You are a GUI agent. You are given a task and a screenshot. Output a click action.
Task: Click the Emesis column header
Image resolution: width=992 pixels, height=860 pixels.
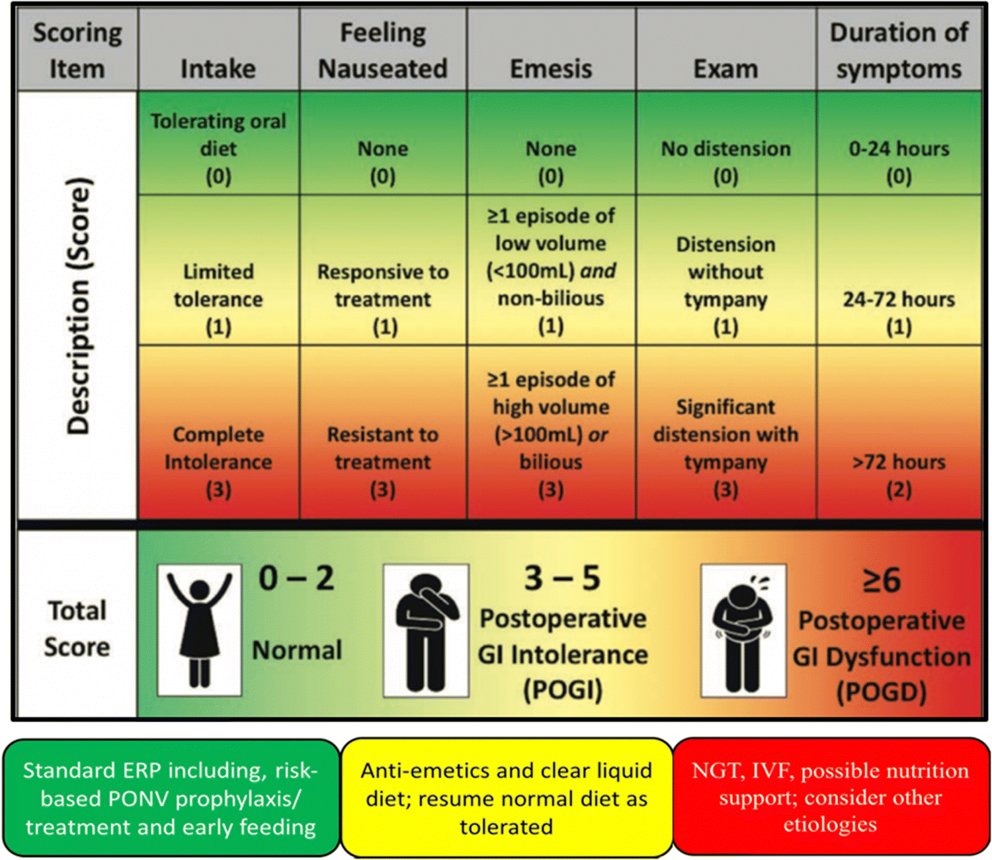click(551, 68)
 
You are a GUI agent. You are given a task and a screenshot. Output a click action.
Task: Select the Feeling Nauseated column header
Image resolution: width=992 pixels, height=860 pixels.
click(383, 50)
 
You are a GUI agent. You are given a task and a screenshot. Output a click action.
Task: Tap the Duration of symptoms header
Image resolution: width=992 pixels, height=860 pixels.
click(899, 50)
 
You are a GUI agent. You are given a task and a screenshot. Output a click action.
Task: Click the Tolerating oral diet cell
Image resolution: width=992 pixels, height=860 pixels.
click(218, 148)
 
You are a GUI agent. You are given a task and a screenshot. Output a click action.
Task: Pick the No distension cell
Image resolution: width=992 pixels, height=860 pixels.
click(725, 161)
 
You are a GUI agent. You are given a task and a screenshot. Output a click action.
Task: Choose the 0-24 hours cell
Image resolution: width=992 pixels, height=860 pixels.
click(899, 161)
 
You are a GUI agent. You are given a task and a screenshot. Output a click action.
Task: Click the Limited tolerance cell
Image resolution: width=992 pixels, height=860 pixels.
click(218, 298)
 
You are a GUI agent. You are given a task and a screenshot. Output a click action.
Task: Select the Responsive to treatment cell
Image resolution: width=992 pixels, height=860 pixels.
click(383, 298)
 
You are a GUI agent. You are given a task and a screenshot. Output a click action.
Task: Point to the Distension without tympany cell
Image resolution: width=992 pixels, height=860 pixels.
click(725, 284)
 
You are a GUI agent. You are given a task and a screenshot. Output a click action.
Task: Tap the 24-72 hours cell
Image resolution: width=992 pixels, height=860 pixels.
click(899, 312)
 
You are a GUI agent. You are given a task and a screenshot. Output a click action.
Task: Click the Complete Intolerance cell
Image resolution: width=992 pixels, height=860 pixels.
click(218, 461)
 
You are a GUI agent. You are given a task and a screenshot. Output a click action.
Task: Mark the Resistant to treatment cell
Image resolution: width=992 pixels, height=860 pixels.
click(383, 461)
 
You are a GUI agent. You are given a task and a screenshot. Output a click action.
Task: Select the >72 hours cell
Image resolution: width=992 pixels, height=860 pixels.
click(899, 474)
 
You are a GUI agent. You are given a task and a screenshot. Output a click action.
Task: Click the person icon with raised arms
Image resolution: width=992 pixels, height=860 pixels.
click(199, 629)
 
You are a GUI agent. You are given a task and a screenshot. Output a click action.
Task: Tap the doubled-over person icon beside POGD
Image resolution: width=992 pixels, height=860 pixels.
click(743, 629)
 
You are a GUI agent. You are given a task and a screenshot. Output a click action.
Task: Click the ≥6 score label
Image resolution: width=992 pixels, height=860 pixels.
click(882, 580)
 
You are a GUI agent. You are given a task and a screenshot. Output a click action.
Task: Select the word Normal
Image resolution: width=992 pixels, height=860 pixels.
click(297, 650)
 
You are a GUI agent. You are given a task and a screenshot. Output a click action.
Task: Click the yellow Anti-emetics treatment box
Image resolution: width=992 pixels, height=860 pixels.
click(506, 798)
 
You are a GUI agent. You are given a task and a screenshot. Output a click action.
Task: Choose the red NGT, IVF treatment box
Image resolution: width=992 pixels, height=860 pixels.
click(830, 797)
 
